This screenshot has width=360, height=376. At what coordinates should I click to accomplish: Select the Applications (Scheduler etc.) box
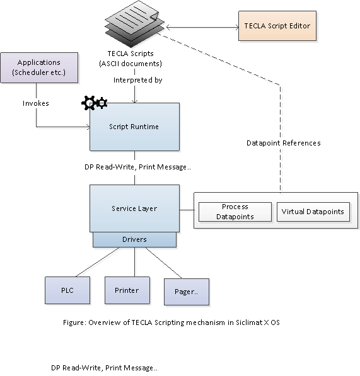[39, 67]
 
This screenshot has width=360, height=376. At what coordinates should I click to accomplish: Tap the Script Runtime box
[134, 127]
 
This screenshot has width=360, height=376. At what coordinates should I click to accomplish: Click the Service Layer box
[134, 208]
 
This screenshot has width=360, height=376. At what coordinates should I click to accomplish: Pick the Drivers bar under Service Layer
[134, 240]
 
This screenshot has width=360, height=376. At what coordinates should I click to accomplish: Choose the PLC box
[67, 290]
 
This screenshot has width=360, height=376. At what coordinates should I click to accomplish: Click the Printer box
[127, 290]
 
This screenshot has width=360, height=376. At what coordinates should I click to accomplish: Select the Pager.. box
[186, 292]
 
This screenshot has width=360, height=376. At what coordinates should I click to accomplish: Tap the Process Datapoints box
[235, 212]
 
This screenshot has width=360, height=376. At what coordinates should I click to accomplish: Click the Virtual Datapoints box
[313, 212]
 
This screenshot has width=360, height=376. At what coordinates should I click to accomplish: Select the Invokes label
[36, 103]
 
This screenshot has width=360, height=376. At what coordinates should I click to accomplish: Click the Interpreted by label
[137, 81]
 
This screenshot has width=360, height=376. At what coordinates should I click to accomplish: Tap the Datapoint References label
[283, 143]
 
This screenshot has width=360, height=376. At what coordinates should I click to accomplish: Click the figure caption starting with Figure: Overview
[171, 322]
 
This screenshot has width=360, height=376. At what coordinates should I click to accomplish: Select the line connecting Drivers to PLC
[91, 262]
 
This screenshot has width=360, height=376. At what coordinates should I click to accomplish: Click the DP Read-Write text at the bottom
[104, 367]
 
